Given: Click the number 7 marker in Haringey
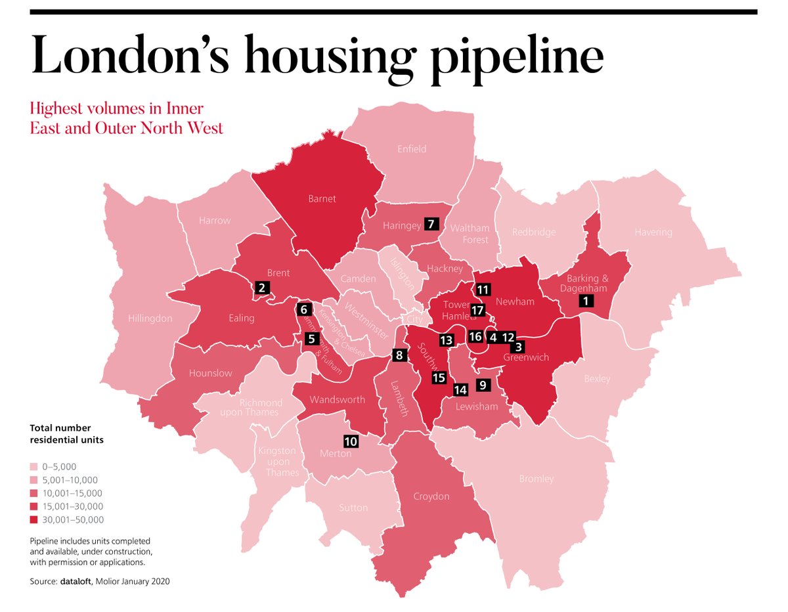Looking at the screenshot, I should (x=431, y=223).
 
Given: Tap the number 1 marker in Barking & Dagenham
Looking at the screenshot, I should (x=586, y=301).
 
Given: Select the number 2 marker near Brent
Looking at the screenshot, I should (x=262, y=287).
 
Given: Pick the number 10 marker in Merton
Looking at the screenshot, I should (x=351, y=441).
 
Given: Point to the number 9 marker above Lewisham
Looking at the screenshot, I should (x=483, y=385).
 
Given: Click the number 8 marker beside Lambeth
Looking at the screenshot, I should (x=399, y=355).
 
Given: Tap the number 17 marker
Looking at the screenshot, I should (x=477, y=310).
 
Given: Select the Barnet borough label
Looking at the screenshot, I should (x=322, y=198).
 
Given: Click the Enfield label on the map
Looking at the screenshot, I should (x=412, y=149).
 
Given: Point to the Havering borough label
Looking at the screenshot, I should (x=653, y=232).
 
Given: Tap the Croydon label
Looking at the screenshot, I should (x=431, y=496).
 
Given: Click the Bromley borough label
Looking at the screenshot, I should (x=536, y=479).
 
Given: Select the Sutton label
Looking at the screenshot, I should (x=353, y=508).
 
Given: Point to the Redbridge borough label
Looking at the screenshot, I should (x=534, y=232).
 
